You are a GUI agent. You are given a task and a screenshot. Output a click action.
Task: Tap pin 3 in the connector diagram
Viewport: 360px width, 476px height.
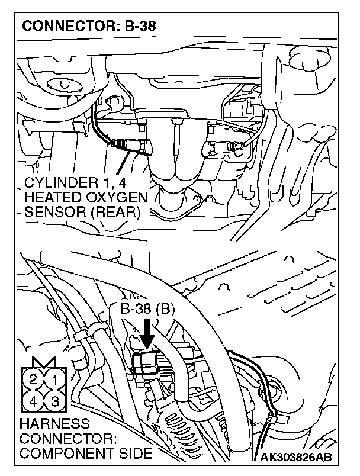[55, 401]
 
